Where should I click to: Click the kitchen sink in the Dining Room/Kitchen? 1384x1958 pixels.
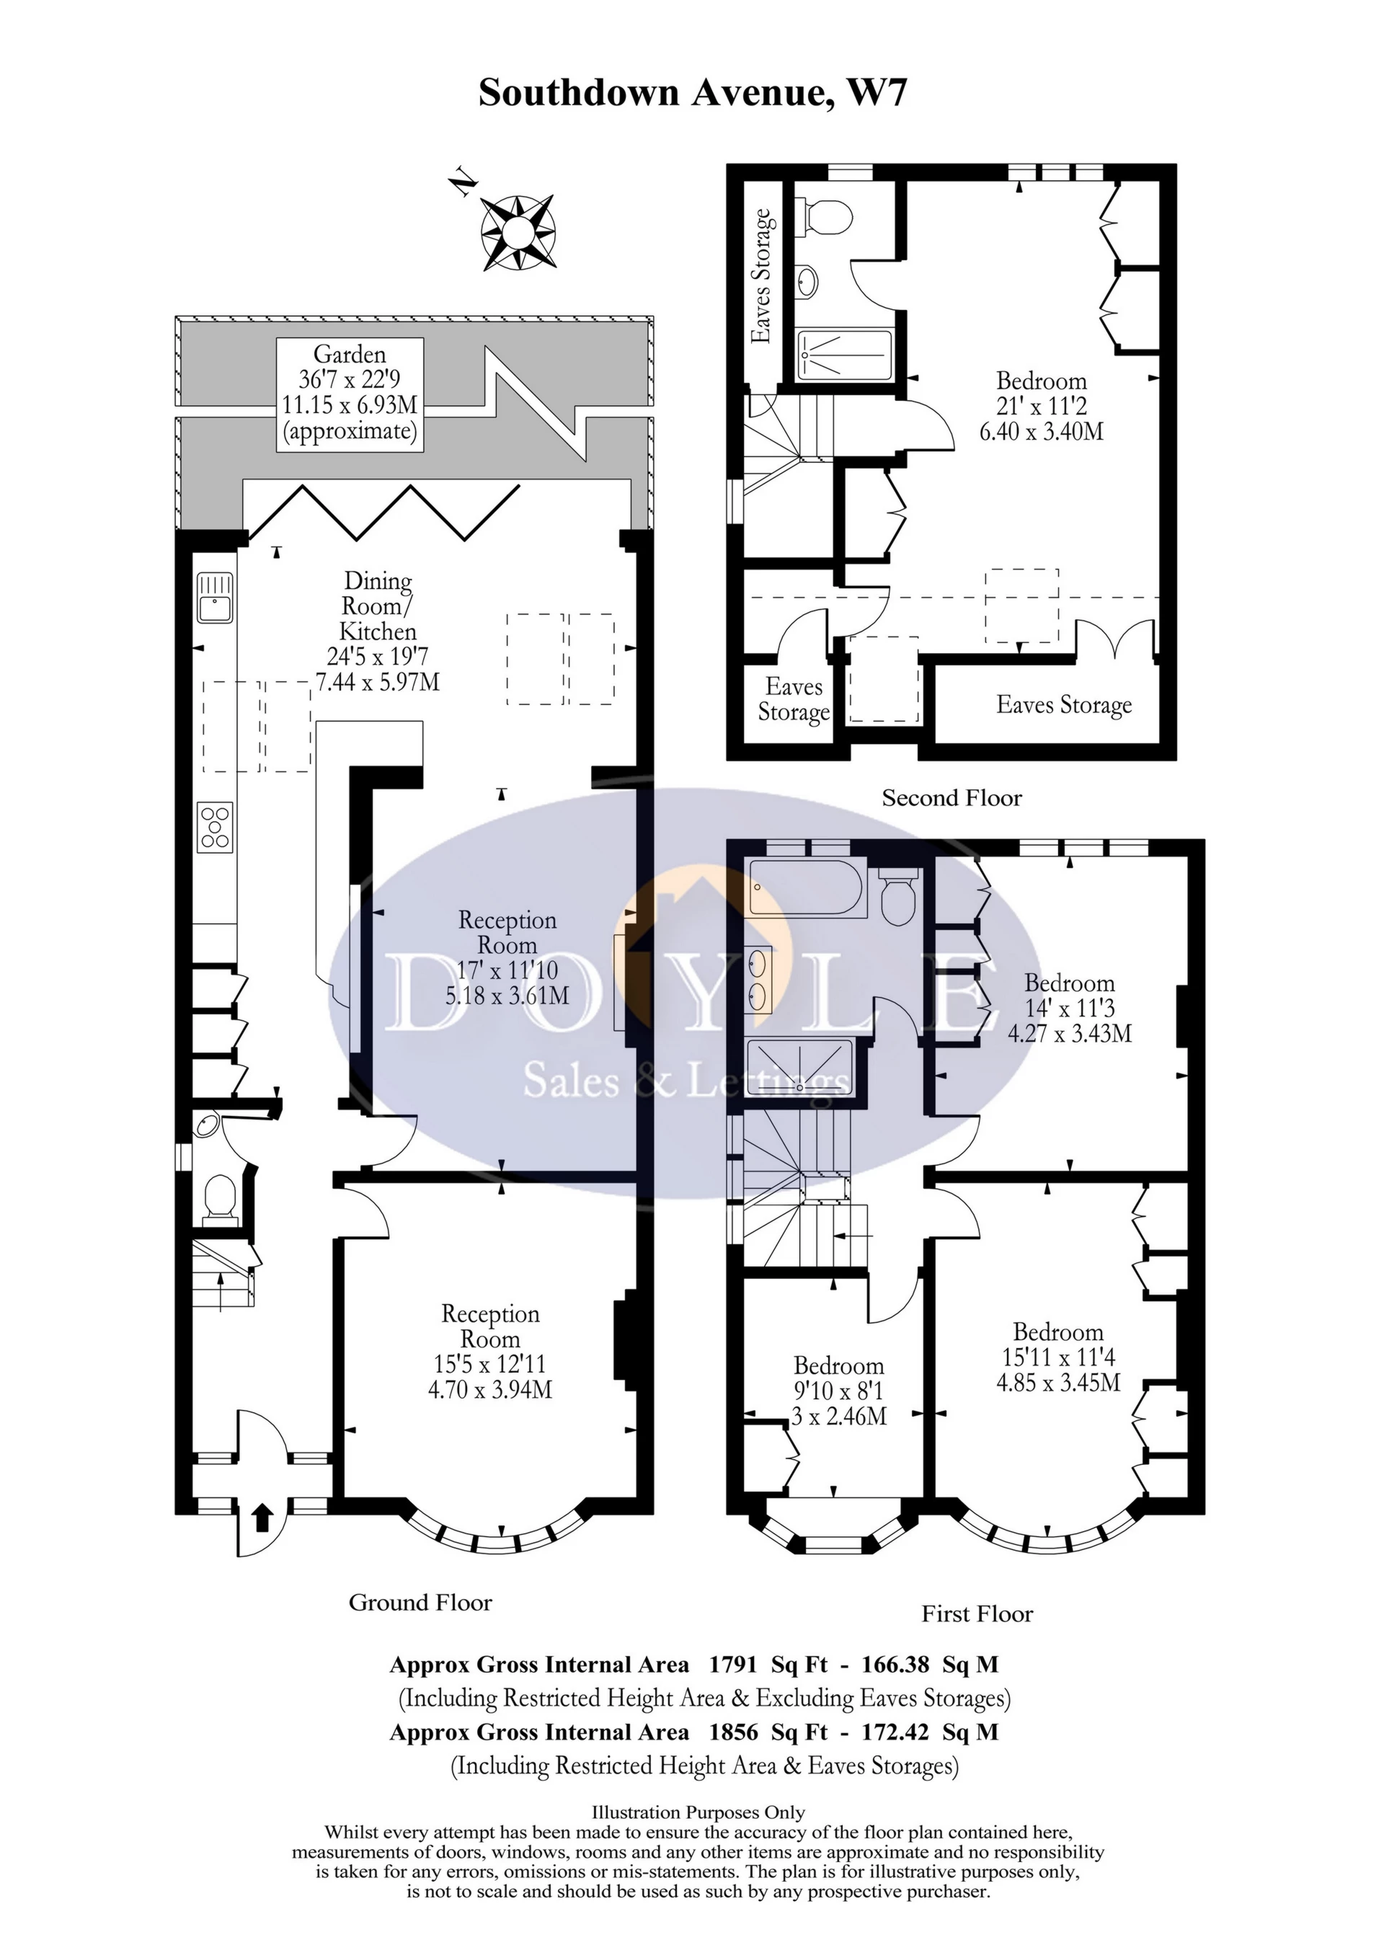tap(215, 597)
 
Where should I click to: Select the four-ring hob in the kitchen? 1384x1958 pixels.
tap(215, 826)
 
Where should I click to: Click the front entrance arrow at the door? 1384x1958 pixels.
tap(262, 1518)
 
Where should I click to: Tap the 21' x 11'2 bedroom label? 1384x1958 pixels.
tap(1041, 406)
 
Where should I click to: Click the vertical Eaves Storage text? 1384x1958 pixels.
tap(760, 276)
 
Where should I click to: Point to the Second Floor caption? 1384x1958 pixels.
tap(951, 798)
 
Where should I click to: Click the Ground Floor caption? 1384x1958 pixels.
tap(420, 1603)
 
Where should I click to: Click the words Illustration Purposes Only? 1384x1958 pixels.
tap(698, 1812)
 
